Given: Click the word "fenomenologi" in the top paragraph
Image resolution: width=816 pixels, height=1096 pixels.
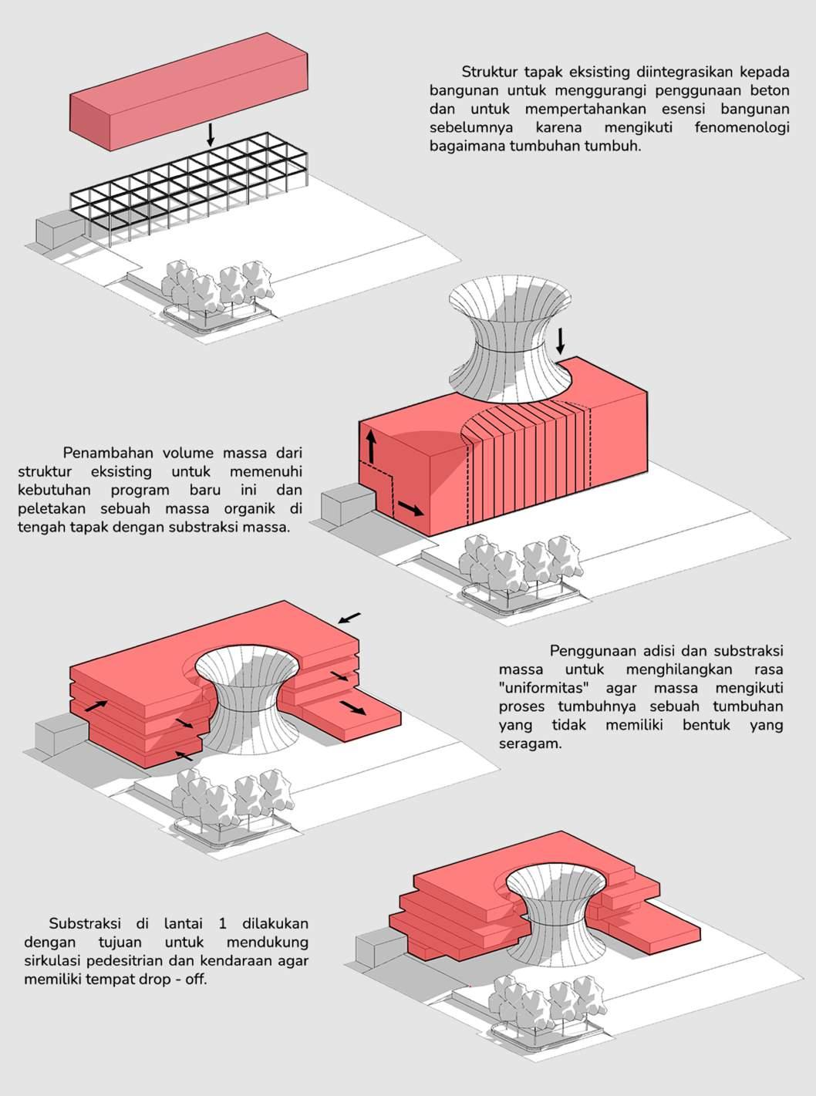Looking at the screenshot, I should click(x=741, y=127).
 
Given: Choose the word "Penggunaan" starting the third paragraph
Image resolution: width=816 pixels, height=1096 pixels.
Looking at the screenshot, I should click(x=595, y=651).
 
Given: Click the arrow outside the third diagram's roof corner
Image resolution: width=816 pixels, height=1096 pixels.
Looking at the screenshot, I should click(x=349, y=617).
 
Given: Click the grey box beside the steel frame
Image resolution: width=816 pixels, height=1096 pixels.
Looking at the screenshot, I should click(x=58, y=229).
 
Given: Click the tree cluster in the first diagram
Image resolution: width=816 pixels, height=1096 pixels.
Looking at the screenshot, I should click(x=219, y=288).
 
